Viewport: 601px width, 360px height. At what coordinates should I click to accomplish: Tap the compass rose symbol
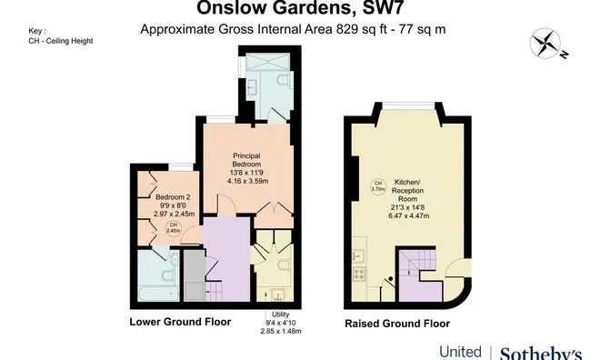(x=546, y=45)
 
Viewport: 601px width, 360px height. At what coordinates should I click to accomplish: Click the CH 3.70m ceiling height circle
(x=378, y=187)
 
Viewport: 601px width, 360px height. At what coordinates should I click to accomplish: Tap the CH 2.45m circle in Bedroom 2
(x=173, y=228)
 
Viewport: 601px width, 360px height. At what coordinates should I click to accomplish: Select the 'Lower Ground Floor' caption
(x=180, y=322)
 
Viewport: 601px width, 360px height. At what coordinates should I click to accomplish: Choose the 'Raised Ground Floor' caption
(x=396, y=323)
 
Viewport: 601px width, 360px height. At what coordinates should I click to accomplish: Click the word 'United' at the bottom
(x=461, y=352)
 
